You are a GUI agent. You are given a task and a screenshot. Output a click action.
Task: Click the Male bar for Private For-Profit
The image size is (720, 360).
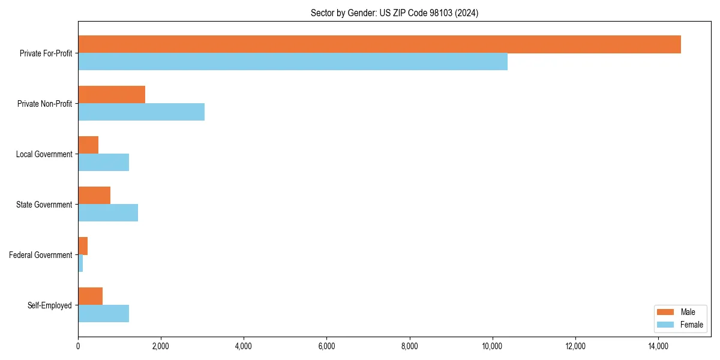click(x=379, y=44)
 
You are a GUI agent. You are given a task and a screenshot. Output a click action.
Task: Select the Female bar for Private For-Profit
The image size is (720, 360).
click(x=293, y=62)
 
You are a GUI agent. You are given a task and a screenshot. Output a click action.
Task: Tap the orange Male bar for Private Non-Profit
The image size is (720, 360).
click(x=112, y=95)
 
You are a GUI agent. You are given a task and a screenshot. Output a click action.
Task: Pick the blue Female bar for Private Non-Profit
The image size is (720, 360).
click(x=141, y=112)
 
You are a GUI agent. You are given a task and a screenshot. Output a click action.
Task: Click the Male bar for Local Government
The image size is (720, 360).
click(x=88, y=145)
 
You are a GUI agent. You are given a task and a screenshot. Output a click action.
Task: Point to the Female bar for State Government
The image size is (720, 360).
click(x=108, y=213)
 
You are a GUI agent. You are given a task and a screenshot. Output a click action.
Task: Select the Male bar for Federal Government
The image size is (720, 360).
click(x=83, y=246)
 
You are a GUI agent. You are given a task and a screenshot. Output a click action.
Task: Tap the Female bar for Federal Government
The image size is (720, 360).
click(x=80, y=263)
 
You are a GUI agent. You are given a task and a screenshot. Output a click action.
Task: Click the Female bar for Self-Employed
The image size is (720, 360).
click(x=103, y=314)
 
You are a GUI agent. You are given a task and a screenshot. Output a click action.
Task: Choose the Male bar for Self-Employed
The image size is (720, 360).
click(x=90, y=296)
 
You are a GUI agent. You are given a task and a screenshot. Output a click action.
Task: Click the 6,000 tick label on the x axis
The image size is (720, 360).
click(x=326, y=346)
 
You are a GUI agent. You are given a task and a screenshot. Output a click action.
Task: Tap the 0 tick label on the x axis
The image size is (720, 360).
click(x=78, y=346)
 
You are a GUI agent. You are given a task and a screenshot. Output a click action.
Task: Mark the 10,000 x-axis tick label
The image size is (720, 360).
click(x=493, y=346)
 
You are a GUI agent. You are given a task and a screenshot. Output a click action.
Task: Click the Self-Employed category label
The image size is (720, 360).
click(x=49, y=305)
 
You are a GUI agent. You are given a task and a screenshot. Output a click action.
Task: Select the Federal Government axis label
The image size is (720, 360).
click(x=41, y=255)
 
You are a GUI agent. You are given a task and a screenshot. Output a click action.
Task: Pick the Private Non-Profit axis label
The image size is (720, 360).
click(x=44, y=104)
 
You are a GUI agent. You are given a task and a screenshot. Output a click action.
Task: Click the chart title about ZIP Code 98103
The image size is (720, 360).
click(x=394, y=13)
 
